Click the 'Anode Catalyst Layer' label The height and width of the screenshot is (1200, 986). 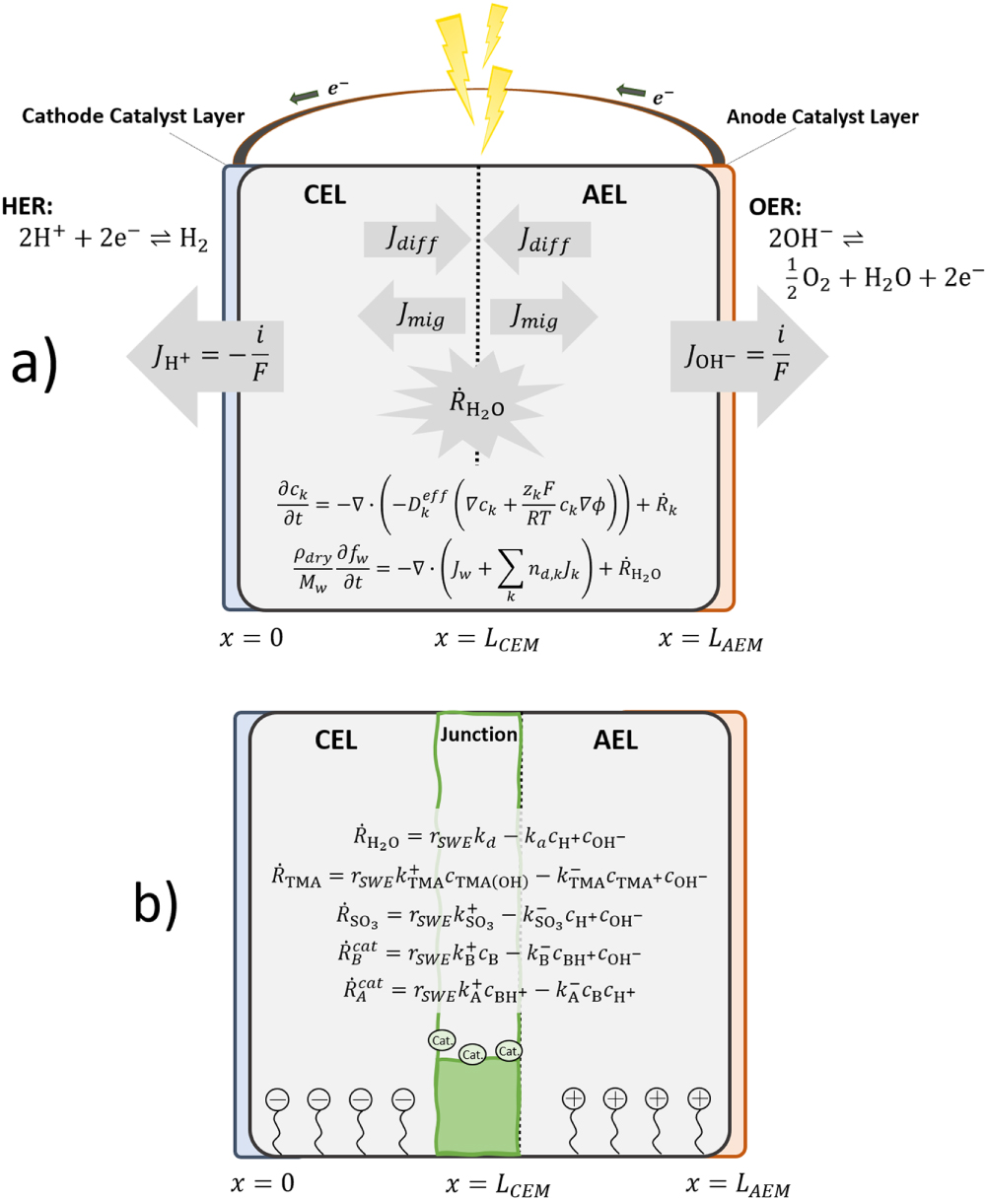[822, 116]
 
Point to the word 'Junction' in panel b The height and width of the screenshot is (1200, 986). [478, 735]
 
